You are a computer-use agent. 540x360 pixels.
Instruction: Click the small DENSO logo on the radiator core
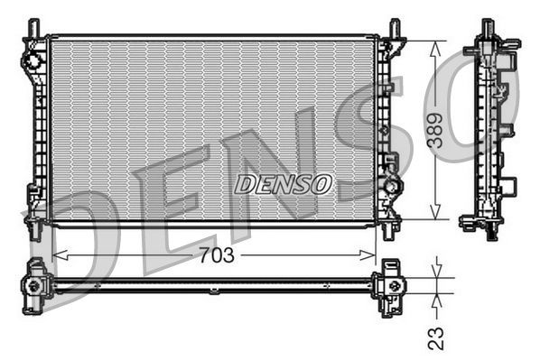click(283, 184)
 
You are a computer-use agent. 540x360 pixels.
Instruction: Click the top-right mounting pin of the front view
click(395, 27)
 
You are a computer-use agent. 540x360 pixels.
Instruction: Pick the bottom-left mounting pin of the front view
click(34, 230)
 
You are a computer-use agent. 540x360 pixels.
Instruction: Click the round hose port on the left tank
click(33, 60)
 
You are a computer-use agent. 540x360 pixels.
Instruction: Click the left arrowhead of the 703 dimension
click(57, 255)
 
